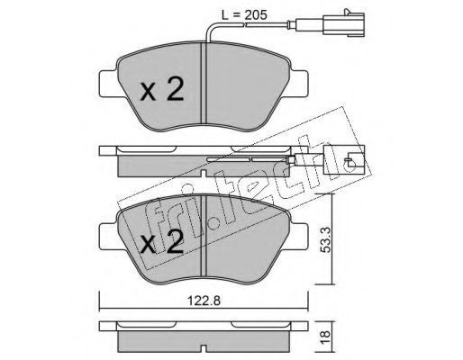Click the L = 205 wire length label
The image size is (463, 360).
point(244,15)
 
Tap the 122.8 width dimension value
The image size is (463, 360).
point(204,301)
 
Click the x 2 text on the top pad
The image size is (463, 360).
point(162,88)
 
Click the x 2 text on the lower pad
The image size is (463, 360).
point(162,241)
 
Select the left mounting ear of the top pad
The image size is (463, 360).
point(108,84)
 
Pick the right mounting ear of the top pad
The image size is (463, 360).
point(299,84)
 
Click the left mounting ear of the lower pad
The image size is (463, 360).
point(108,236)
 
